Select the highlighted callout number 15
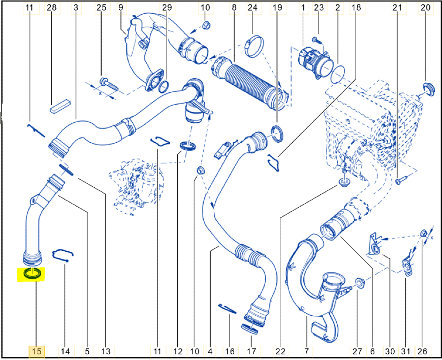tap(36, 352)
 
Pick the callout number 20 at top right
tap(425, 8)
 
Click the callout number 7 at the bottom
tap(306, 352)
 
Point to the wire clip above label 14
tap(63, 254)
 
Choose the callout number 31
tap(406, 352)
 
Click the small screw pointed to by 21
tap(399, 180)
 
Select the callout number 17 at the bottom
tap(251, 352)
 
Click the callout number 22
tap(280, 352)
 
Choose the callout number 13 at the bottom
tap(105, 352)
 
